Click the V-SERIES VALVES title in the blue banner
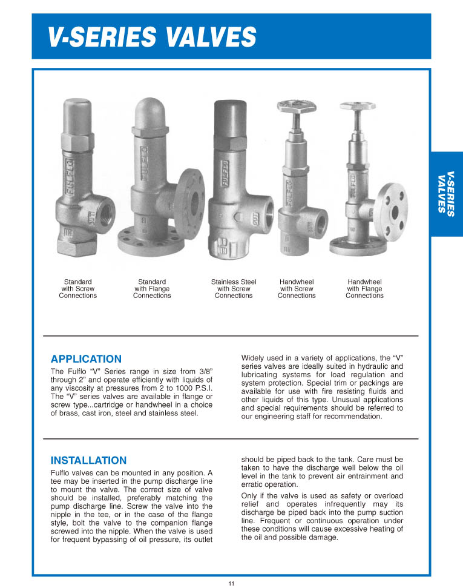pyautogui.click(x=152, y=38)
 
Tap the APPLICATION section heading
pyautogui.click(x=86, y=359)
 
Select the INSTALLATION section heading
pyautogui.click(x=88, y=460)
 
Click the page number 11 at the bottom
pyautogui.click(x=231, y=583)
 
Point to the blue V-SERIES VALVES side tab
pyautogui.click(x=446, y=194)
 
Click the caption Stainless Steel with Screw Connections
pyautogui.click(x=234, y=289)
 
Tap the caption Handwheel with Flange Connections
pyautogui.click(x=364, y=289)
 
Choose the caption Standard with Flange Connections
pyautogui.click(x=152, y=289)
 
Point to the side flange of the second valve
pyautogui.click(x=191, y=204)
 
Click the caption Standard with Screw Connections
pyautogui.click(x=78, y=289)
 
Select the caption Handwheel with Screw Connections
pyautogui.click(x=297, y=289)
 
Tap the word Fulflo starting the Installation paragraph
pyautogui.click(x=61, y=473)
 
